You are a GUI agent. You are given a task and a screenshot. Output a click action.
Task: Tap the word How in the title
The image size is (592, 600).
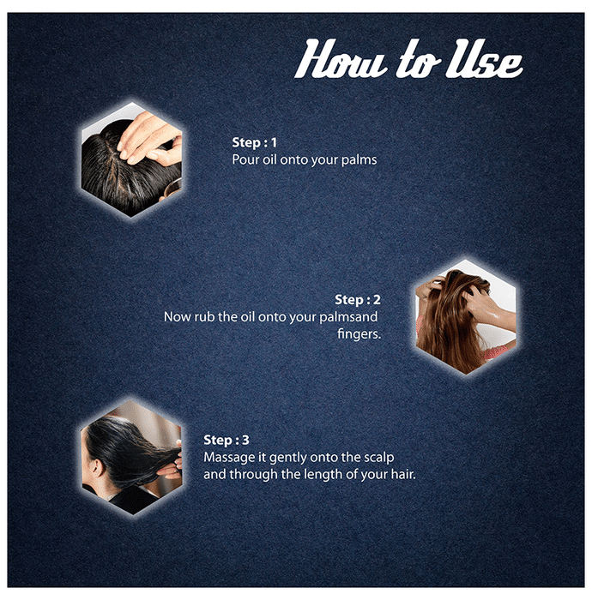tap(341, 58)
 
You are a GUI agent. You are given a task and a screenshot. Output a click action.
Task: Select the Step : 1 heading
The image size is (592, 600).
tap(254, 142)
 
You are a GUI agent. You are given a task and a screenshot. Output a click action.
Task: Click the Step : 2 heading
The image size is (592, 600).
tap(358, 300)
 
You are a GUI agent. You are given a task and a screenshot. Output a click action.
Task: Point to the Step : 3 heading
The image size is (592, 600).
tap(227, 440)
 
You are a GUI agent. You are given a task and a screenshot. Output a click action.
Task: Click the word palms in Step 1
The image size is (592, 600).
tap(359, 160)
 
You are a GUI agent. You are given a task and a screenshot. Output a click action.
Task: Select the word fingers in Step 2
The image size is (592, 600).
tap(359, 334)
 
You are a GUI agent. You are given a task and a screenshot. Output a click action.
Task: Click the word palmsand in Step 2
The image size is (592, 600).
tap(348, 317)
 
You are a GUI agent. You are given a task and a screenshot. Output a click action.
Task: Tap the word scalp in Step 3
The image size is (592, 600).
tap(378, 458)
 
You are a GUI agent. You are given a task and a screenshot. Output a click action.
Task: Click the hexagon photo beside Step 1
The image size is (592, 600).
tap(131, 159)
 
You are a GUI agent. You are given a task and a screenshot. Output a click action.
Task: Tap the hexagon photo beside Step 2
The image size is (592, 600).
tap(466, 316)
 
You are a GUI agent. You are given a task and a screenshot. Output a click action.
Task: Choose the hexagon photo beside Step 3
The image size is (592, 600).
tap(131, 458)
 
